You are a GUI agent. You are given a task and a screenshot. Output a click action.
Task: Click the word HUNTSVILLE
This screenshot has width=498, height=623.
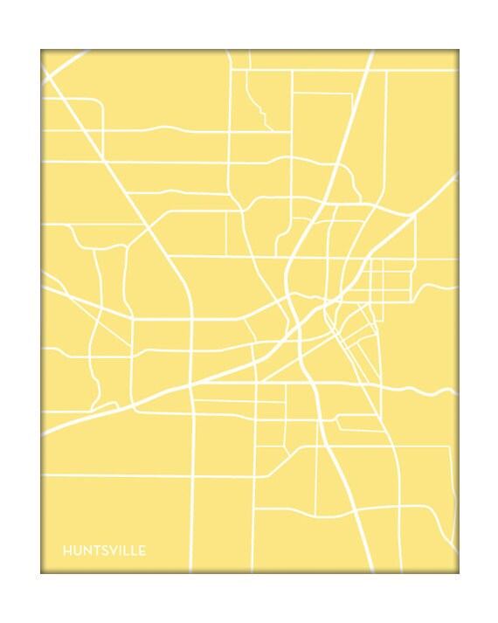pos(104,550)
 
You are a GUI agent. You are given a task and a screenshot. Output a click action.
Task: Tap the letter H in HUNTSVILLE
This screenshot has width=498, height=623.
pos(66,550)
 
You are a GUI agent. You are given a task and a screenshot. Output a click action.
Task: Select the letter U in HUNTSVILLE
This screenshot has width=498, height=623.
pos(75,550)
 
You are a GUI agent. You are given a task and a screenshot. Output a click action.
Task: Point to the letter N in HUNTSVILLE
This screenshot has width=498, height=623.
pos(85,550)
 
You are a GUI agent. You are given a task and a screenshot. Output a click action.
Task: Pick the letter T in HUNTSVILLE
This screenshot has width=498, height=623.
pos(93,550)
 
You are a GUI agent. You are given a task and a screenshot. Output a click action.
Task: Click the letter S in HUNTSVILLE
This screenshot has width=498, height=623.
pos(101,550)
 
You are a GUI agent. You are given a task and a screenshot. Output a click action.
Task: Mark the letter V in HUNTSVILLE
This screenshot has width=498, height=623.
pos(110,550)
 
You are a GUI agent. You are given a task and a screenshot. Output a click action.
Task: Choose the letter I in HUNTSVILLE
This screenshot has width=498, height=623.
pos(117,550)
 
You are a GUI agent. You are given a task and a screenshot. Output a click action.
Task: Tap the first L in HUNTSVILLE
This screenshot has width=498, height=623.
pos(123,550)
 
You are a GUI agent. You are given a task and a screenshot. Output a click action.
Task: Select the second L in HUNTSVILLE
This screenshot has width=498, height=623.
pos(132,550)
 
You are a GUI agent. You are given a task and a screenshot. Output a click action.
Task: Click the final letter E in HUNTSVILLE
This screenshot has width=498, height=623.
pos(141,550)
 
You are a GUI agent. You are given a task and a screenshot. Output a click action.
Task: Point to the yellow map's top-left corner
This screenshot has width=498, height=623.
pos(41,51)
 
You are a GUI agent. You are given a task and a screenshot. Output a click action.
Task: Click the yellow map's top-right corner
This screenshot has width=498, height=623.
pos(458,51)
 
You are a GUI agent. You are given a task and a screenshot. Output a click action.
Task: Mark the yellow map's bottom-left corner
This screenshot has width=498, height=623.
pos(41,572)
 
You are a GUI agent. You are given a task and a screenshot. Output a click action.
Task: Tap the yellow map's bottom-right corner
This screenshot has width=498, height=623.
pos(458,572)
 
